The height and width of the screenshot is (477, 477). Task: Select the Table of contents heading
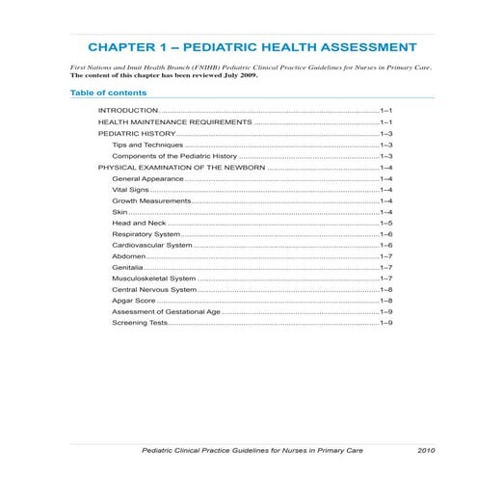point(109,93)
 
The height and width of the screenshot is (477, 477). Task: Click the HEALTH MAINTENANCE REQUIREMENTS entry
point(174,124)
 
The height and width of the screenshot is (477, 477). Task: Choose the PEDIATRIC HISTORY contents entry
point(137,136)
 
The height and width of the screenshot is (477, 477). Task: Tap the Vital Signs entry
point(131,190)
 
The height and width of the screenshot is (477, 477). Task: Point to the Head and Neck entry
point(139,223)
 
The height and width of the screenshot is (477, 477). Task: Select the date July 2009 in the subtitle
point(235,75)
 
